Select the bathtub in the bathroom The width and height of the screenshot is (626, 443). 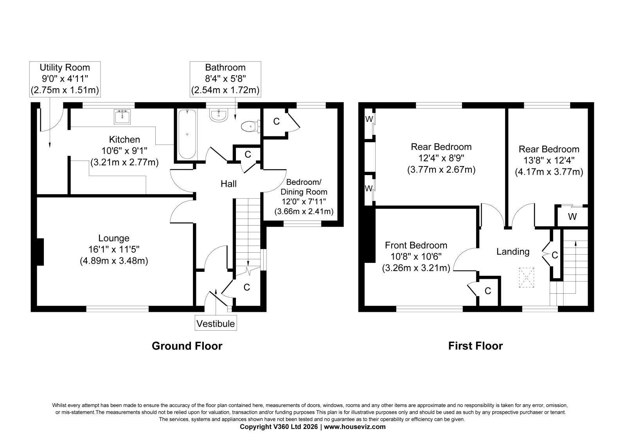[187, 134]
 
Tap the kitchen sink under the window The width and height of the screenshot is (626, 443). [122, 116]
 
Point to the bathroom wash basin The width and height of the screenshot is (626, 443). [219, 115]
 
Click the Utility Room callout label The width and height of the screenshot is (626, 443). [65, 79]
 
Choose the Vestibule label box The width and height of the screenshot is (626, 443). [216, 324]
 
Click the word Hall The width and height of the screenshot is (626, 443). [228, 184]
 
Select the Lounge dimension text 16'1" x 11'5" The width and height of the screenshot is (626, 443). [114, 250]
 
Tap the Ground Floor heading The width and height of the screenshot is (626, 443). [187, 346]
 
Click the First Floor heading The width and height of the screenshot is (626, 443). [475, 346]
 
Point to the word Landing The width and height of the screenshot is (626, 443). [513, 251]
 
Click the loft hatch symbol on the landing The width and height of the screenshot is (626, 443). [527, 278]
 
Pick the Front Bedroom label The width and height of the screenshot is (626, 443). [416, 245]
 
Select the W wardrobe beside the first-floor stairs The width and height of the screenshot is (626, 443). [572, 216]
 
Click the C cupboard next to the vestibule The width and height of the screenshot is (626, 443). [247, 287]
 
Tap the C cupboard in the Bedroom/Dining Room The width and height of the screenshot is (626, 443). [276, 121]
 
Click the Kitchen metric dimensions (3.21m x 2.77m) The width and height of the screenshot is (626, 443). [124, 162]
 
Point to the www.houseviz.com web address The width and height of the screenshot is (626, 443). [354, 427]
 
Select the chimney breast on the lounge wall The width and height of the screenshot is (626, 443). [40, 252]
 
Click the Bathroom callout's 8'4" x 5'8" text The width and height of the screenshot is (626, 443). [225, 79]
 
